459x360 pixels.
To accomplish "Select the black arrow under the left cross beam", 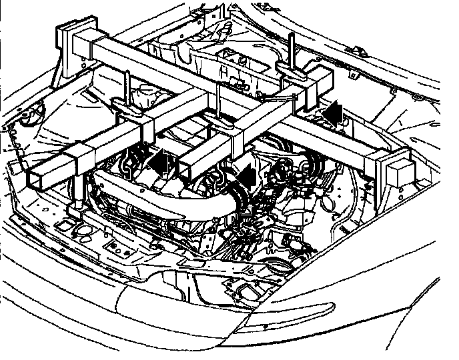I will pyautogui.click(x=157, y=162).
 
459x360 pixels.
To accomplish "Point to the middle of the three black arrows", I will pyautogui.click(x=246, y=177).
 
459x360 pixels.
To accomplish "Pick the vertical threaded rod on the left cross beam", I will pyautogui.click(x=126, y=87).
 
